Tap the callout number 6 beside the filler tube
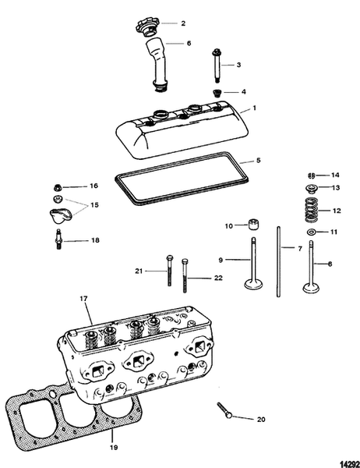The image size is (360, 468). [x=189, y=43]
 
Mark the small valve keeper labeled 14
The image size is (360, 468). [x=311, y=175]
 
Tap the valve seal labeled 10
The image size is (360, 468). [x=252, y=226]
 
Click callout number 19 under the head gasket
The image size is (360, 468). [x=113, y=449]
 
